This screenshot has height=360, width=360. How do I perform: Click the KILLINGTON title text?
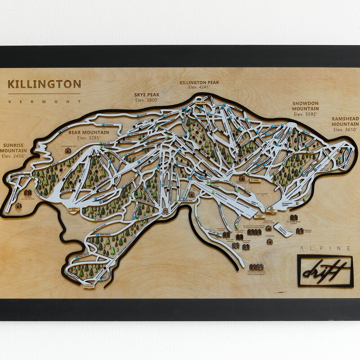point(45,84)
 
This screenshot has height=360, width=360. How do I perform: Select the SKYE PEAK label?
point(147,94)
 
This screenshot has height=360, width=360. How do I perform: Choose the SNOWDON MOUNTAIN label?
point(305,105)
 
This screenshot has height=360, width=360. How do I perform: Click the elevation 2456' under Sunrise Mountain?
point(15,156)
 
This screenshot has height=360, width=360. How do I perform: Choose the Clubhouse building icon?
point(270,242)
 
